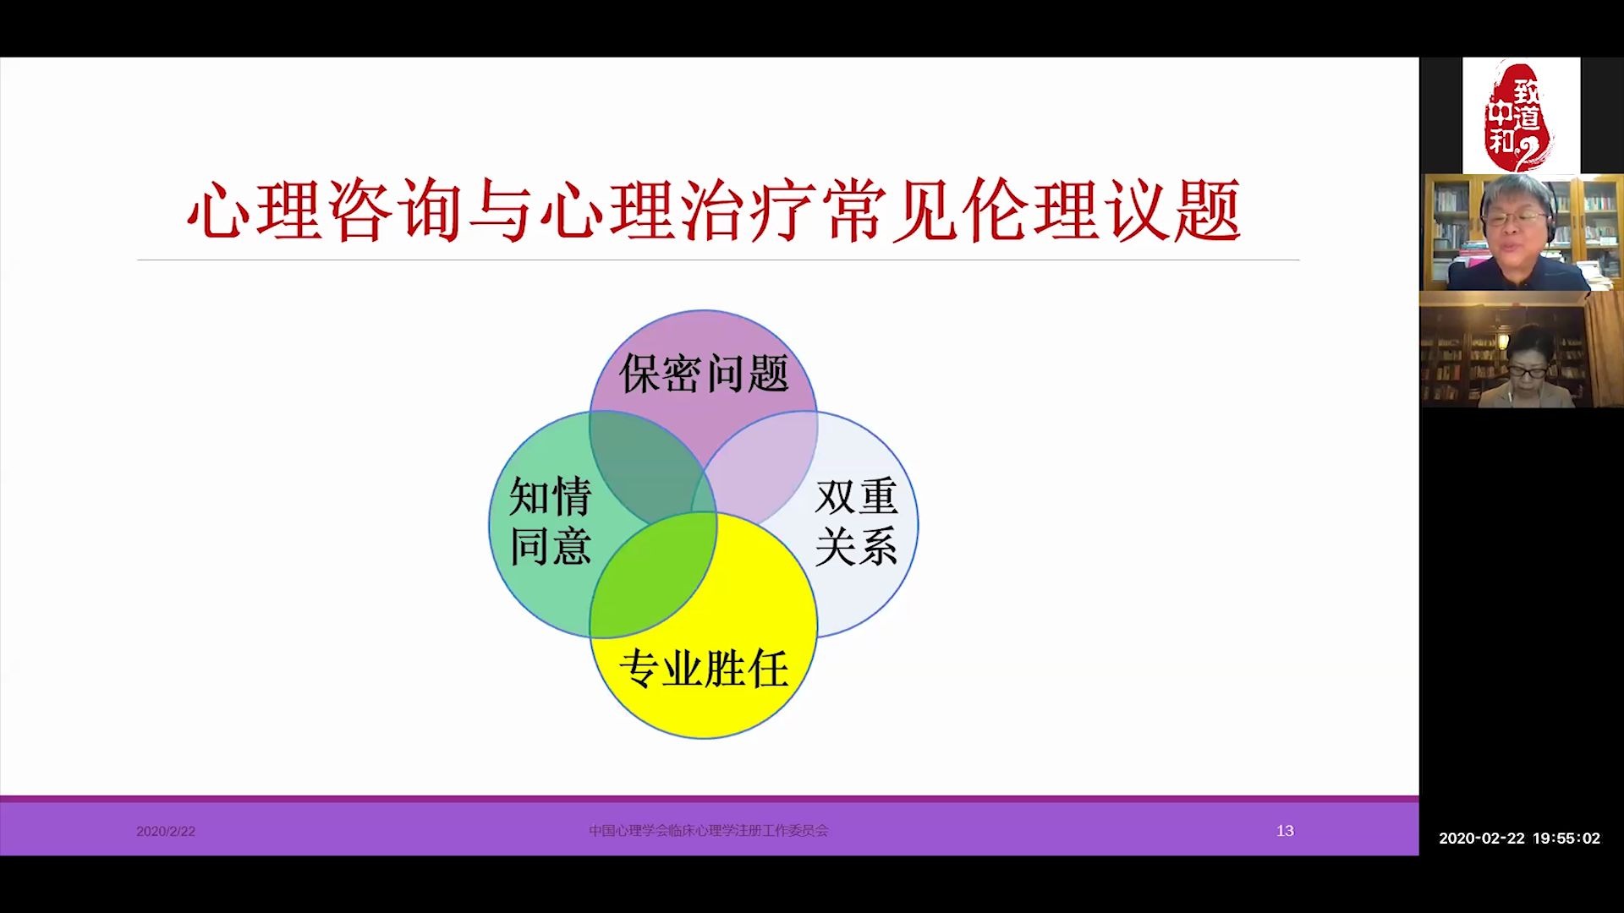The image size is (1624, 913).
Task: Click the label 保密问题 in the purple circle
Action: pyautogui.click(x=704, y=374)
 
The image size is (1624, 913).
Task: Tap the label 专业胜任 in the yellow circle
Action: pyautogui.click(x=704, y=670)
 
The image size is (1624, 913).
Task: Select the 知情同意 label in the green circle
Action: pyautogui.click(x=550, y=521)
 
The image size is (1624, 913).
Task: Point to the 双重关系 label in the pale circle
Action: pyautogui.click(x=855, y=521)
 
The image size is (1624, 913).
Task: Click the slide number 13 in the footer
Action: pyautogui.click(x=1285, y=831)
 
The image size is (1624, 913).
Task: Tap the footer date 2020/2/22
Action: pyautogui.click(x=166, y=831)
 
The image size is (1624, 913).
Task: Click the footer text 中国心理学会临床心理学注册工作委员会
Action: pyautogui.click(x=709, y=831)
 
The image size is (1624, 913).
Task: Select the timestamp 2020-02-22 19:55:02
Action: pyautogui.click(x=1519, y=839)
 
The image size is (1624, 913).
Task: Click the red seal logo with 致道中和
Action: pyautogui.click(x=1520, y=116)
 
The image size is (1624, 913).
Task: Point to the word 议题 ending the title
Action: pyautogui.click(x=1174, y=210)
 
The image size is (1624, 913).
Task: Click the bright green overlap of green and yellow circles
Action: pyautogui.click(x=653, y=575)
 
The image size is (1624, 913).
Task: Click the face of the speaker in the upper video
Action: pyautogui.click(x=1516, y=220)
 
